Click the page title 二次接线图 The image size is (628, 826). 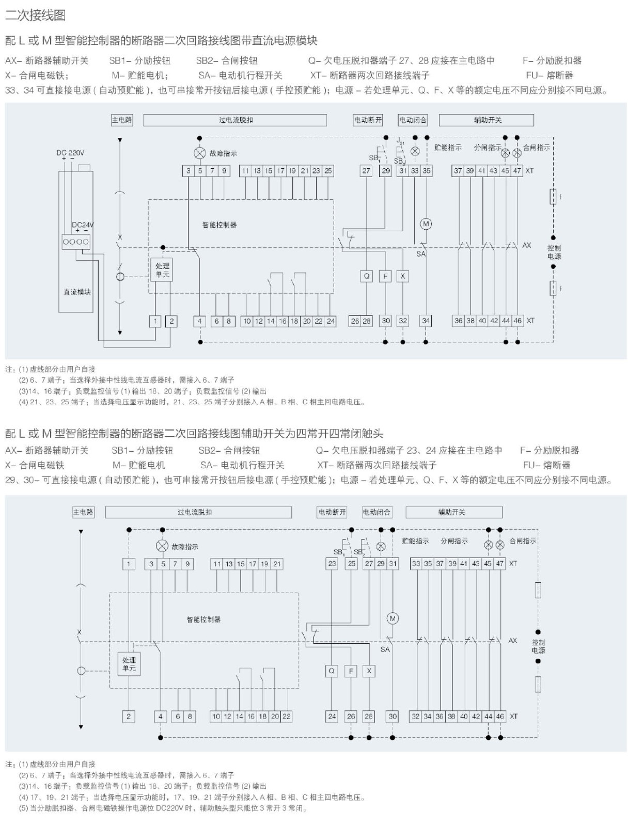[x=36, y=15]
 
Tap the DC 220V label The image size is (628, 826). [x=70, y=153]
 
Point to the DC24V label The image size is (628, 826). [x=83, y=225]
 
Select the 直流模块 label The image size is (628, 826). [x=77, y=292]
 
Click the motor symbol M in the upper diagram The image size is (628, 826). [x=426, y=224]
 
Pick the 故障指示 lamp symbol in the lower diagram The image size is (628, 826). [x=162, y=546]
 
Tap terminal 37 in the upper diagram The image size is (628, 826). [x=458, y=171]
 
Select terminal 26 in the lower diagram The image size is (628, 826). [x=351, y=716]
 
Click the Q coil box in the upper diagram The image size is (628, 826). [x=366, y=276]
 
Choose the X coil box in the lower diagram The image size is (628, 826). [x=369, y=671]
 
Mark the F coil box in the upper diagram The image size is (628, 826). [x=385, y=276]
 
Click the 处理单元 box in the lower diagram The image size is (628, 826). [x=129, y=664]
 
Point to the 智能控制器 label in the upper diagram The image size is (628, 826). [x=219, y=225]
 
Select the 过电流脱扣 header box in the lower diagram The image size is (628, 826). [x=198, y=512]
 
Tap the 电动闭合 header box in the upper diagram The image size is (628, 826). [x=413, y=120]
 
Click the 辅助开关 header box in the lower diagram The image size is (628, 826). [x=453, y=512]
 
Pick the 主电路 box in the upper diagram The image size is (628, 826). [x=122, y=120]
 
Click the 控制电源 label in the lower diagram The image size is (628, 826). [x=538, y=646]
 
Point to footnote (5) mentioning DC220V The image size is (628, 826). [x=163, y=808]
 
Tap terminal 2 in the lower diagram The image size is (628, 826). [x=129, y=716]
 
